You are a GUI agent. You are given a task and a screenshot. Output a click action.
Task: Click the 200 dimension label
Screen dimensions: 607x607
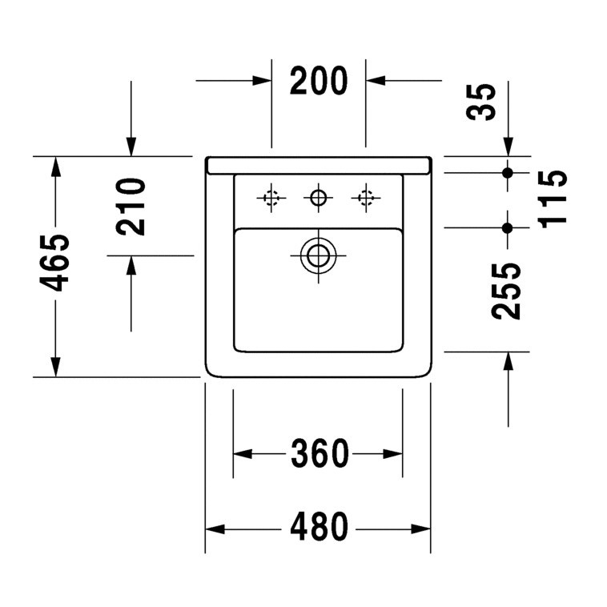pos(319,81)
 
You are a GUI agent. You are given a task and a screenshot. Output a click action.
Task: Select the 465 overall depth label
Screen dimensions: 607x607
pos(54,263)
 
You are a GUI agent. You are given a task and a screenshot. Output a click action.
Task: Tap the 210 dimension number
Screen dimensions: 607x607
pos(131,207)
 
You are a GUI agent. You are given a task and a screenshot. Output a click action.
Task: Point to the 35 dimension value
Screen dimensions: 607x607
pos(480,102)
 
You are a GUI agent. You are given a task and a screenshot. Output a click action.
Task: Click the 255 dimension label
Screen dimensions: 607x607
pos(506,291)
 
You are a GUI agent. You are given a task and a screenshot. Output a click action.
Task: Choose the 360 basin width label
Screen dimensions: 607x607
pos(320,453)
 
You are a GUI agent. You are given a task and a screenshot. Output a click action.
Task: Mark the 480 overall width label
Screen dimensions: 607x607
pos(319,527)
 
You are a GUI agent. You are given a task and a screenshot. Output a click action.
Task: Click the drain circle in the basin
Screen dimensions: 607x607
pos(318,255)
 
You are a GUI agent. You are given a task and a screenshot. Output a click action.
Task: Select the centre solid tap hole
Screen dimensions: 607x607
pos(318,199)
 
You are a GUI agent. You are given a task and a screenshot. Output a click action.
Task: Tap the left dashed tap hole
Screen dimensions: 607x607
pos(271,199)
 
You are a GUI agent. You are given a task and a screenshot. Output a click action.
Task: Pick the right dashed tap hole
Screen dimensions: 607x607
pos(366,199)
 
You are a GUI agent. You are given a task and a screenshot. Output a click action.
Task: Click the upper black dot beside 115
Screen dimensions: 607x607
pos(508,173)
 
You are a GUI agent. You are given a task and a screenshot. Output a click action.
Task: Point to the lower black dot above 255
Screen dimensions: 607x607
pos(508,228)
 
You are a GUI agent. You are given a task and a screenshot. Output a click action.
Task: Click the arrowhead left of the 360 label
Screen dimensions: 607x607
pos(243,454)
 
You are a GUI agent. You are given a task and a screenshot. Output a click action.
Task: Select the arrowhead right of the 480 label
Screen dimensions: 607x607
pos(420,529)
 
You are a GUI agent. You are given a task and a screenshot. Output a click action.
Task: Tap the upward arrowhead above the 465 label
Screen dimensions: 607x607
pos(56,167)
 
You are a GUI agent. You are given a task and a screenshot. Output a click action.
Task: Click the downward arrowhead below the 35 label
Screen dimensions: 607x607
pos(509,147)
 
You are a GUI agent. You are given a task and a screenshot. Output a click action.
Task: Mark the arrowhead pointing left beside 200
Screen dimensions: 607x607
pos(376,81)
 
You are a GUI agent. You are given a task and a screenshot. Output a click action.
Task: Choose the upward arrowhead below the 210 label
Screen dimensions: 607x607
pos(131,265)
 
